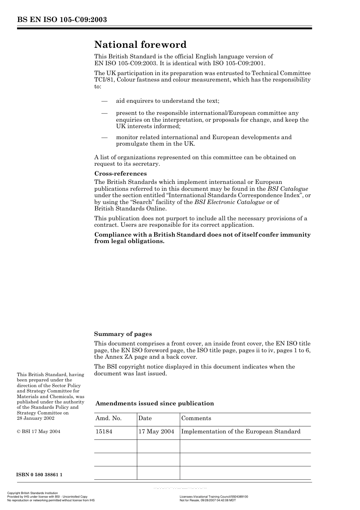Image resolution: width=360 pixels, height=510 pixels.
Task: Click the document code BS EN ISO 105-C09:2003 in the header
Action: coord(62,20)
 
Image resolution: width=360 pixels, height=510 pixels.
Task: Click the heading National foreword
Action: coord(140,45)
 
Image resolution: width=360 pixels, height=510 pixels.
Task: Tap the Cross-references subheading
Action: coord(120,174)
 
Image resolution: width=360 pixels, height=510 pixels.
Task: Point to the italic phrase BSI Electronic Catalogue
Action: coord(229,202)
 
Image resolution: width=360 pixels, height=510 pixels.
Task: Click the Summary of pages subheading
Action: coord(123,334)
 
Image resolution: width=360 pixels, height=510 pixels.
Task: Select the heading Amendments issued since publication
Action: coord(155,403)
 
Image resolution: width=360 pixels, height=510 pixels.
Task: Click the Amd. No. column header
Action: coord(108,418)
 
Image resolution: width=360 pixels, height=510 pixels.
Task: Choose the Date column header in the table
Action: coord(145,418)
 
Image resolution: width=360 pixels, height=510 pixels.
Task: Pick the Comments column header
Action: coord(196,418)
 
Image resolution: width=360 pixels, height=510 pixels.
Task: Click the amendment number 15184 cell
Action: coord(104,432)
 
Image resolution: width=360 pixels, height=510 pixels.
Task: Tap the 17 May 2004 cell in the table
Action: coord(156,432)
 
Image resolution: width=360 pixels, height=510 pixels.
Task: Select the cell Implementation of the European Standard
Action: coord(241,432)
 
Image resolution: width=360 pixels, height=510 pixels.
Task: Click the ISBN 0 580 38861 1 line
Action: coord(39,475)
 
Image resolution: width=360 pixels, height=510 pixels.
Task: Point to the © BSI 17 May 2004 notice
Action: coord(38,432)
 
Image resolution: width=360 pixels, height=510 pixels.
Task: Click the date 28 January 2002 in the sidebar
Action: coord(36,418)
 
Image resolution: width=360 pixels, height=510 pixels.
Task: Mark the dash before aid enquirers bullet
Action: coord(104,101)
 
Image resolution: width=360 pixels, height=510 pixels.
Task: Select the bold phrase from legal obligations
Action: coord(129,241)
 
